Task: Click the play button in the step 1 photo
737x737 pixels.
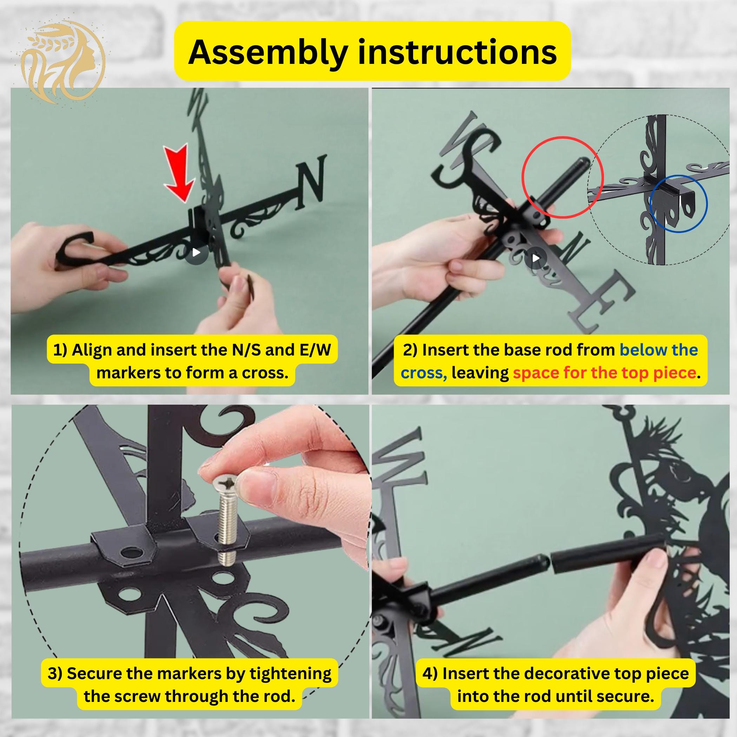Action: [x=196, y=252]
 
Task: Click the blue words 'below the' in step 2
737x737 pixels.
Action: [x=659, y=350]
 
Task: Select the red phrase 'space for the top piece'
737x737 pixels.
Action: [x=604, y=373]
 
